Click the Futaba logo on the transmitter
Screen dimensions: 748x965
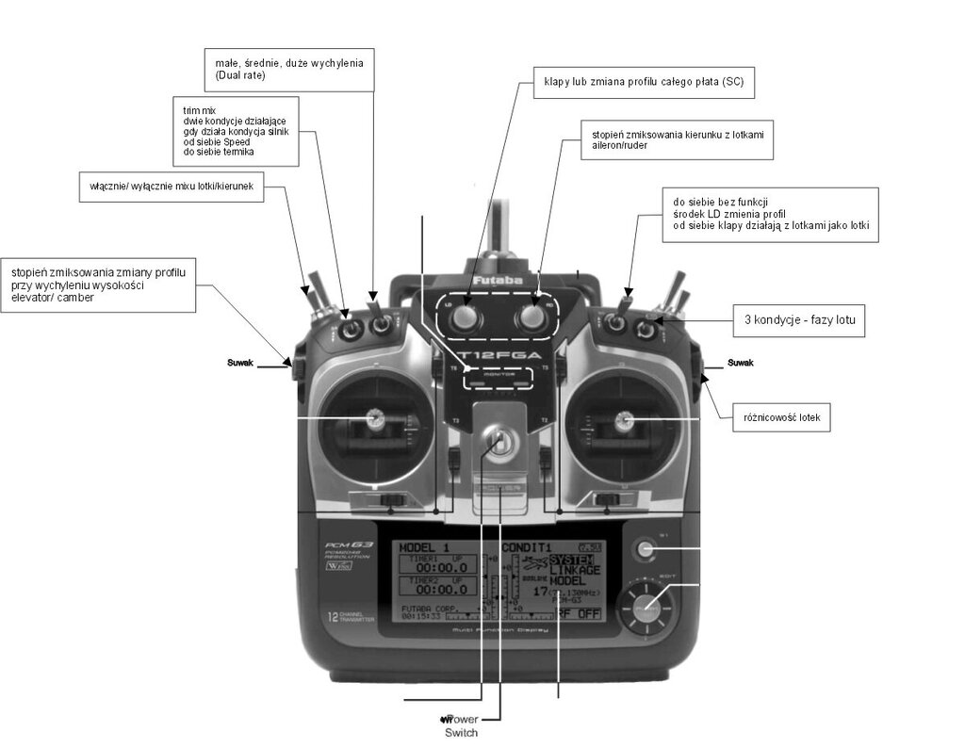click(x=498, y=281)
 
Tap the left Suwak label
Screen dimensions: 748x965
click(x=242, y=362)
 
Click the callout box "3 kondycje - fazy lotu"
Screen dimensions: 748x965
click(x=798, y=320)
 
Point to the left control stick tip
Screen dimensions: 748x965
click(x=374, y=418)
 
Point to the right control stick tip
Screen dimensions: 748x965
click(x=623, y=419)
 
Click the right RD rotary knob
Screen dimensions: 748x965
click(x=532, y=321)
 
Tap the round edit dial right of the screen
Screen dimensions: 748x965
click(x=646, y=608)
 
